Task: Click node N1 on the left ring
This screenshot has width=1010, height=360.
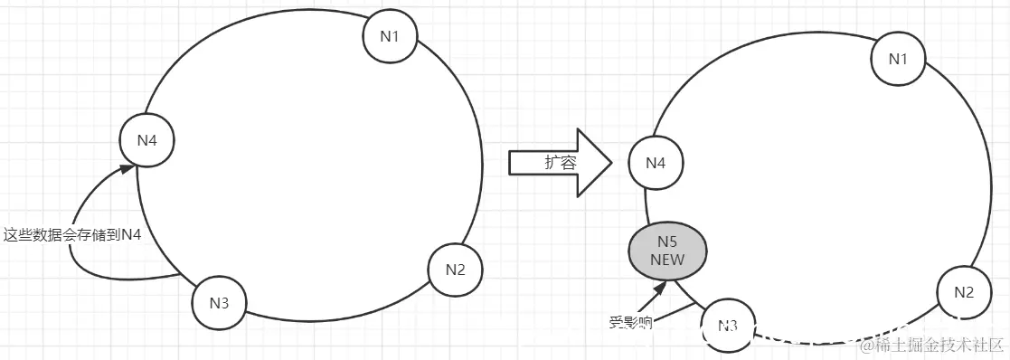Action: point(390,36)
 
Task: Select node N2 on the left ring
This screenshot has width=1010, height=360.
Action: point(455,269)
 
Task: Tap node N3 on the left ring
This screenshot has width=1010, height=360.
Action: point(219,301)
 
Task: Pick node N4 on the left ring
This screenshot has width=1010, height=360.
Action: point(146,140)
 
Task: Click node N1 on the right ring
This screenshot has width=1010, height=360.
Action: point(897,60)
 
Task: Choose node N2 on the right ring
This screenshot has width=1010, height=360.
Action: point(964,292)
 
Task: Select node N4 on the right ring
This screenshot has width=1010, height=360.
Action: point(656,164)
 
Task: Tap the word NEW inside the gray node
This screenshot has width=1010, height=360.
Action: point(668,260)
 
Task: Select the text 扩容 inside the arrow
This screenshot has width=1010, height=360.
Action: point(560,163)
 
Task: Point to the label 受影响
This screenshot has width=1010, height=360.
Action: point(630,321)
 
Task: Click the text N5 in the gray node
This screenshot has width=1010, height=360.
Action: point(668,242)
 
